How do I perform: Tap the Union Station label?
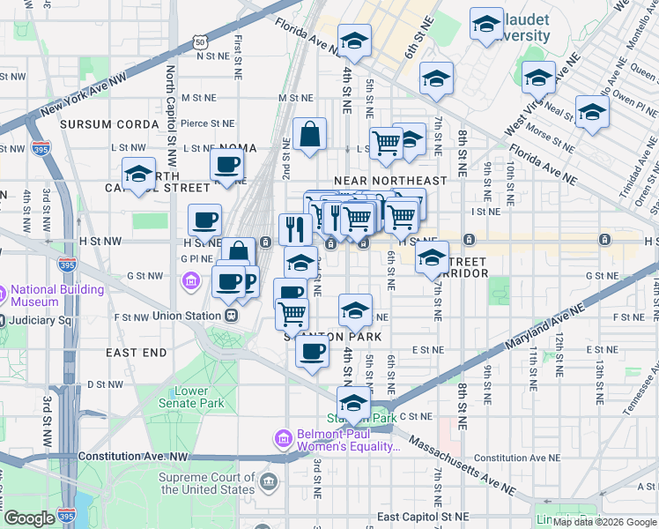(x=184, y=315)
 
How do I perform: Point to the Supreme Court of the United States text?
(x=206, y=483)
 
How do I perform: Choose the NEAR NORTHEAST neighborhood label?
(x=390, y=180)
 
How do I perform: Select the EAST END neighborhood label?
(x=136, y=352)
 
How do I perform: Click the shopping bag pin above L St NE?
(x=309, y=135)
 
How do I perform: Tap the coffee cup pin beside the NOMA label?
(x=227, y=164)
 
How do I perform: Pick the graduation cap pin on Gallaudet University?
(x=485, y=26)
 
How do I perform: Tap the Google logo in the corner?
(x=30, y=518)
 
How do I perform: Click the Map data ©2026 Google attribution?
(x=604, y=522)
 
